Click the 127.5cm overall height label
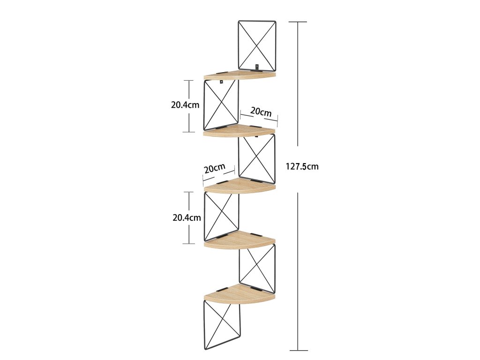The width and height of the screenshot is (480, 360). tap(302, 166)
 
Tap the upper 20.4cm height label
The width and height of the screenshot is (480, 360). tap(185, 105)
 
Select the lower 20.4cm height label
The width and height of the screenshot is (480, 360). tap(187, 217)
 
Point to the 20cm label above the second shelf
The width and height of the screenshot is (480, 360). tap(261, 112)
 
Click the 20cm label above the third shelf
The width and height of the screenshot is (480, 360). tap(214, 168)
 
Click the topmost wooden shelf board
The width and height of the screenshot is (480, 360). tap(240, 75)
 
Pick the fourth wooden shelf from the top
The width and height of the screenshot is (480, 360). tap(240, 241)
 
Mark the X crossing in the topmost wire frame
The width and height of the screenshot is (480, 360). tap(257, 45)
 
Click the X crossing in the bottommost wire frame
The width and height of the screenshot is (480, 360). tap(222, 325)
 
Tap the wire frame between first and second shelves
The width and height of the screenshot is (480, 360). tap(221, 105)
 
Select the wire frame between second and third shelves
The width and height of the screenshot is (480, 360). tap(256, 158)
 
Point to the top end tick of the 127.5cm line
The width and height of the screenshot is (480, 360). tap(299, 22)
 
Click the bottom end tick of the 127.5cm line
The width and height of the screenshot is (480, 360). tap(299, 350)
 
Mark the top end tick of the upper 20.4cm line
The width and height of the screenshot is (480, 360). tap(189, 81)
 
